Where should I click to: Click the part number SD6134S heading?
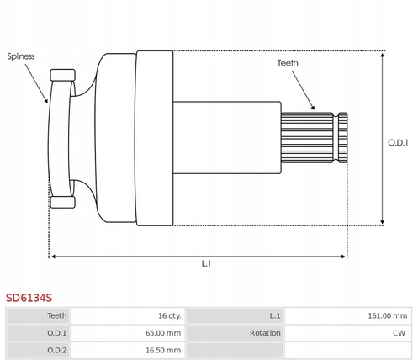(29, 298)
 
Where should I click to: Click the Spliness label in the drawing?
(21, 56)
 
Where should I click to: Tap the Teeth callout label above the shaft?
(288, 63)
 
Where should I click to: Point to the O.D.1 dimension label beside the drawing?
(398, 143)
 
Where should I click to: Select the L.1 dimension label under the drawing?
(206, 263)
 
